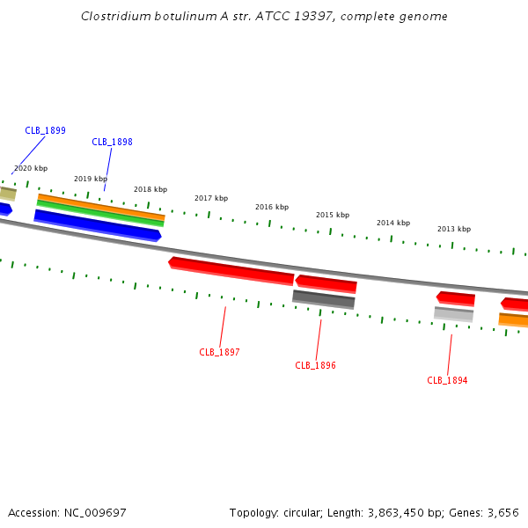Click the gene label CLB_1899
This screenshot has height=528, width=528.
click(x=45, y=130)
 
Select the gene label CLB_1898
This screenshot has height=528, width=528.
click(x=112, y=142)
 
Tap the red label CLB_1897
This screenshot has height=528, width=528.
click(x=219, y=352)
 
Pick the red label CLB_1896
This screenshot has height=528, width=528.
click(x=315, y=365)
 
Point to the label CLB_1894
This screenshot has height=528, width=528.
click(x=447, y=380)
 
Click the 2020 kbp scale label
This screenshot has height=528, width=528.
click(x=31, y=168)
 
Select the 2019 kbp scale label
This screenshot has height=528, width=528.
click(x=91, y=179)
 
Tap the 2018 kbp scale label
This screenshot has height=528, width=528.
click(x=150, y=189)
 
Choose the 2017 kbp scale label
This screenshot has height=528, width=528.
click(x=211, y=198)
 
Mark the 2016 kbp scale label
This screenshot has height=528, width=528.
click(x=272, y=207)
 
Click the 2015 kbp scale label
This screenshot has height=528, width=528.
click(x=333, y=215)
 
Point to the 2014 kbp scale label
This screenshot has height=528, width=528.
click(x=393, y=223)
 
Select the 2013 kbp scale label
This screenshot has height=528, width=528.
click(x=454, y=229)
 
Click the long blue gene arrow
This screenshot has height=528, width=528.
click(x=98, y=225)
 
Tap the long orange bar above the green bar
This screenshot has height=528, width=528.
click(x=101, y=207)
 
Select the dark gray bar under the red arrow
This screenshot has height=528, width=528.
click(x=324, y=299)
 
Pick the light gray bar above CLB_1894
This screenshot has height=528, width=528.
click(x=453, y=314)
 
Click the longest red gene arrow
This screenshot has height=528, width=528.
click(x=231, y=271)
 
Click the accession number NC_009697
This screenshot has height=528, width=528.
click(x=95, y=513)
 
